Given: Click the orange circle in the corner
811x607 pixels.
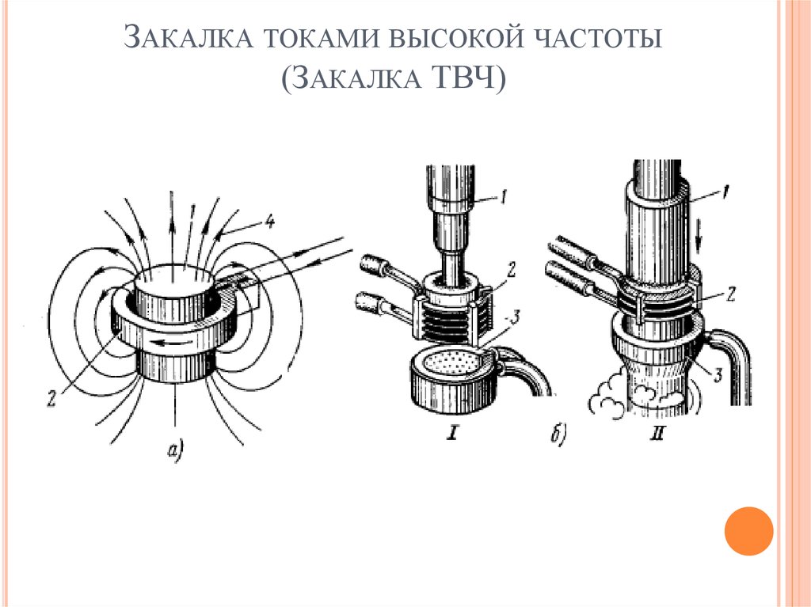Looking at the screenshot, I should click(748, 530).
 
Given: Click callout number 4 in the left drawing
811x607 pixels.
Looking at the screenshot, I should click(270, 222).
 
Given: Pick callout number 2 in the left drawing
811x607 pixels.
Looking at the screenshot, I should click(51, 398).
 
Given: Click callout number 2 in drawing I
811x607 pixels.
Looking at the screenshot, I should click(512, 271).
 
